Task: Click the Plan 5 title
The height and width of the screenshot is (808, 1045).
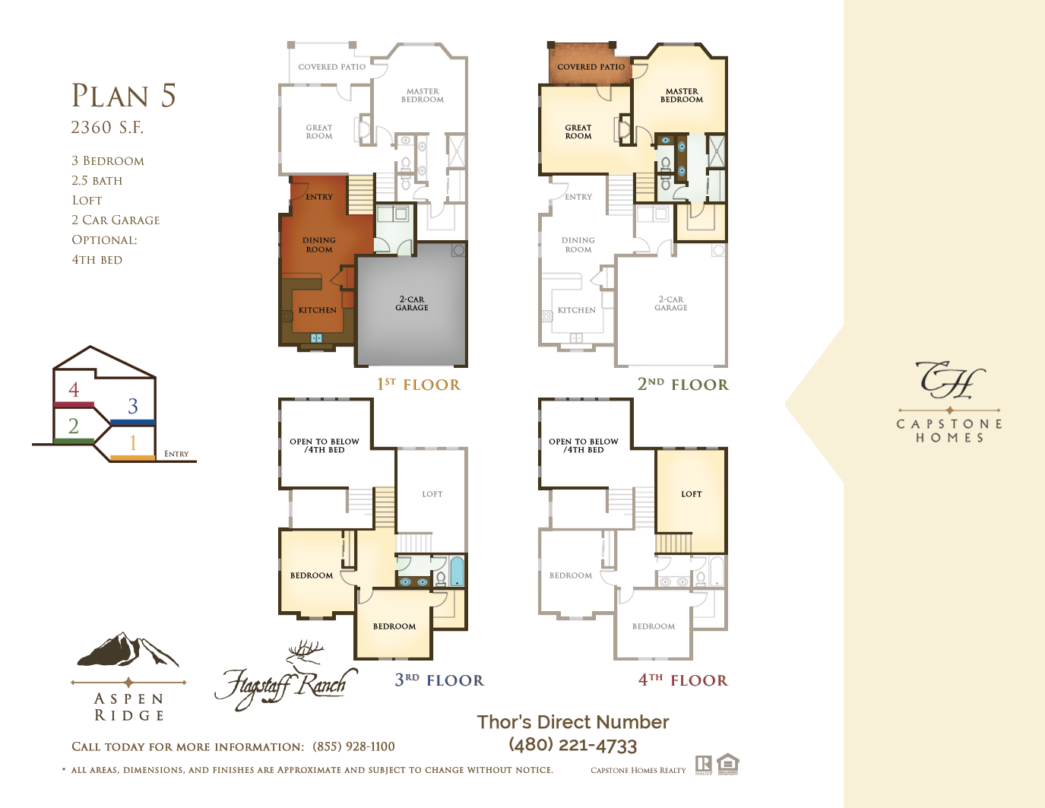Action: coord(124,96)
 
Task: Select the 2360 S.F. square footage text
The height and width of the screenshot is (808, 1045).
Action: coord(107,128)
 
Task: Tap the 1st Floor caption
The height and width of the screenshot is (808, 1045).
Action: coord(419,385)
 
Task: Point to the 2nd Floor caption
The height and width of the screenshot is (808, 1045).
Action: coord(683,385)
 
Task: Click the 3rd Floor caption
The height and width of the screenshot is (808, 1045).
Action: coord(439,680)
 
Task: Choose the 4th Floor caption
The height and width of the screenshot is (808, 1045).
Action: coord(683,680)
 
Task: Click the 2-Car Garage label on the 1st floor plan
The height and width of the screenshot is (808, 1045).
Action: coord(412,303)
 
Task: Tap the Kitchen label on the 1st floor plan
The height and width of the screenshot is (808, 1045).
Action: coord(318,310)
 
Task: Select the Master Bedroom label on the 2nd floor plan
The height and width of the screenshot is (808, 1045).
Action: coord(682,95)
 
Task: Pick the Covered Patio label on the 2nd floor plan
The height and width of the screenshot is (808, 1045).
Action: coord(591,67)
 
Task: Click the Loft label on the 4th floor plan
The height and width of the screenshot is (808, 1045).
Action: coord(691,494)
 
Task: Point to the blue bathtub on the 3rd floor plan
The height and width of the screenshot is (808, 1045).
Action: coord(457,572)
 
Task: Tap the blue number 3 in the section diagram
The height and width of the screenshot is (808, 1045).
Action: coord(133,407)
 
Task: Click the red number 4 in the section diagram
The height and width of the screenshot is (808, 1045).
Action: coord(74,390)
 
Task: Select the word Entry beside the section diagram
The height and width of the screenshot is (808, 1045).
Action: coord(176,454)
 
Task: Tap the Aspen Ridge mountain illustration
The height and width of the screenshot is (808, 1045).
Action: coord(128,649)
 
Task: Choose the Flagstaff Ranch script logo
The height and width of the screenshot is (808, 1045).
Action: coord(287,677)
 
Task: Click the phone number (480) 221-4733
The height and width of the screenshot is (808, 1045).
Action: coord(573,746)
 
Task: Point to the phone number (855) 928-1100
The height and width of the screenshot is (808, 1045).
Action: coord(353,746)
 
